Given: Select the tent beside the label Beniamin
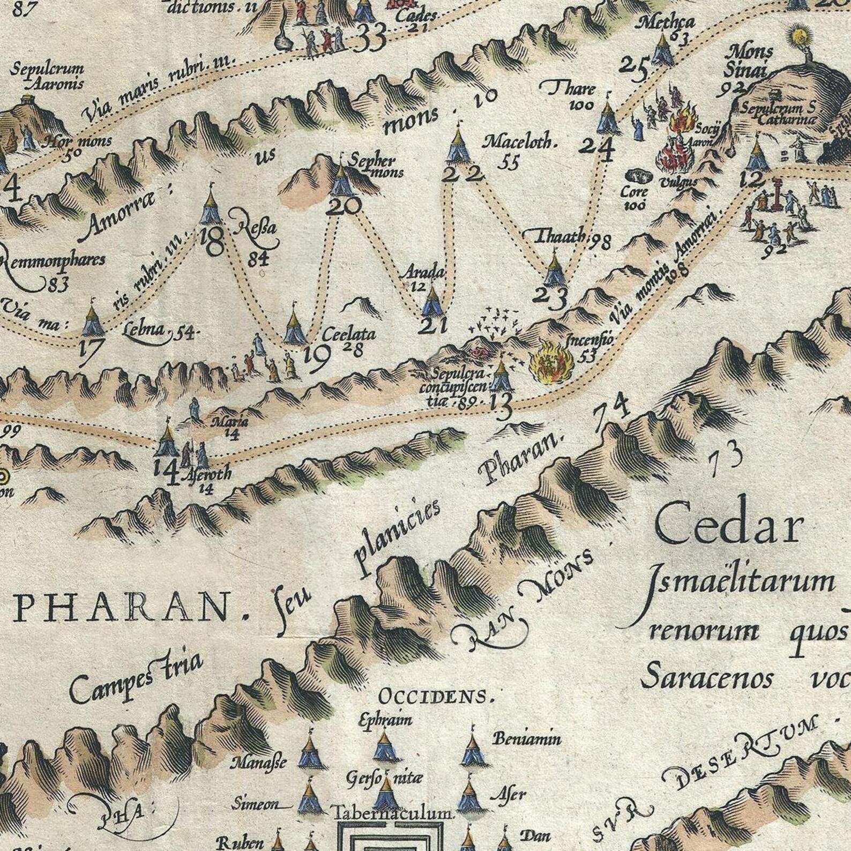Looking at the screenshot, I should [x=472, y=750].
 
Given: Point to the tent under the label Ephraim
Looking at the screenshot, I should [x=384, y=746].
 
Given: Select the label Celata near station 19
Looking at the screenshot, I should [x=348, y=334].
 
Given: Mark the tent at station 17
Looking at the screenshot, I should [x=93, y=321].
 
